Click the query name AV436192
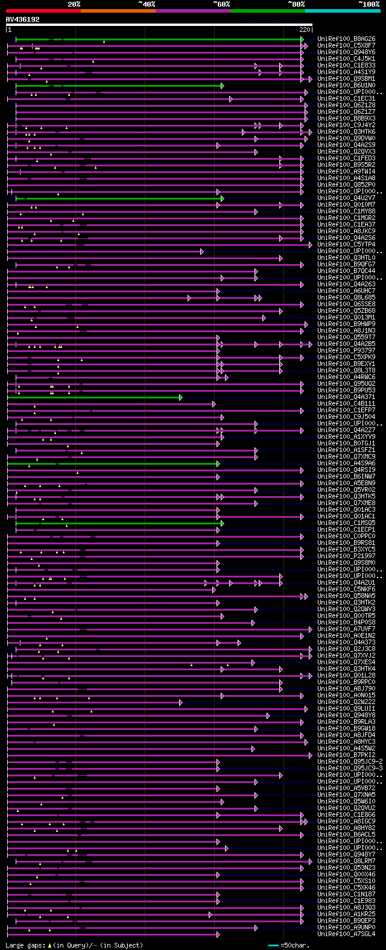[x=23, y=19]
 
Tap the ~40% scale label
[x=147, y=4]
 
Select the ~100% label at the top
[x=369, y=4]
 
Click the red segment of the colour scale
[x=43, y=11]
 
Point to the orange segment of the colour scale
[x=118, y=11]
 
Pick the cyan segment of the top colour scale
[x=342, y=11]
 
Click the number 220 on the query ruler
[x=304, y=30]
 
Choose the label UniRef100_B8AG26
[x=347, y=39]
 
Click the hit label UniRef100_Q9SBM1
[x=347, y=78]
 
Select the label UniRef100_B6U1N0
[x=347, y=85]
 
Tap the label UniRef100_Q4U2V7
[x=347, y=198]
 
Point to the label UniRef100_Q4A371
[x=347, y=397]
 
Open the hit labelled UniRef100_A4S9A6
[x=347, y=463]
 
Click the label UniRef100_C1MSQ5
[x=347, y=523]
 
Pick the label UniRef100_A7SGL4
[x=347, y=934]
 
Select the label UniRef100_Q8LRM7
[x=347, y=861]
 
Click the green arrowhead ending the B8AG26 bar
[x=302, y=39]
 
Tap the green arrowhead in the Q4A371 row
[x=180, y=397]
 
